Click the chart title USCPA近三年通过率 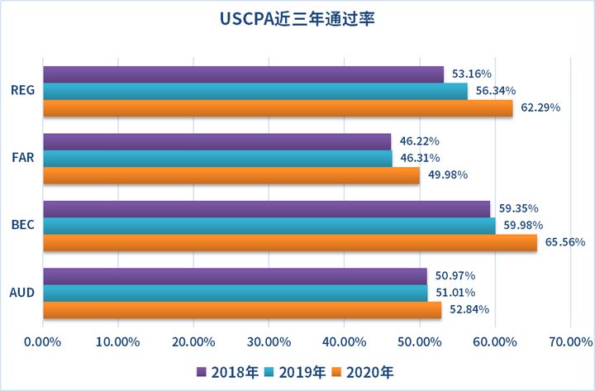pos(297,19)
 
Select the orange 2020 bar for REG pos(278,107)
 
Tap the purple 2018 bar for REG pos(243,74)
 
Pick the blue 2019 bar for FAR pos(217,158)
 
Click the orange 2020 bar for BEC pos(289,242)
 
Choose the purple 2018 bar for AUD pos(235,275)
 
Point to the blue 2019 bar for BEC pos(269,226)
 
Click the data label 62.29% pos(541,107)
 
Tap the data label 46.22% pos(419,141)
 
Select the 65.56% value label pos(565,242)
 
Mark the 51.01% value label pos(455,292)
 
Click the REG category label pos(22,91)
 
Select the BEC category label pos(22,226)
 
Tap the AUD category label pos(22,292)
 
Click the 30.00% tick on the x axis pos(268,341)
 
